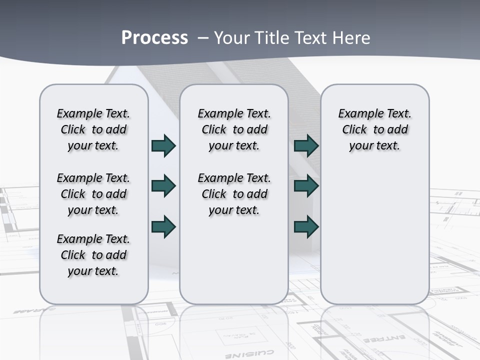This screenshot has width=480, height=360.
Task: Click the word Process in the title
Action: click(x=154, y=38)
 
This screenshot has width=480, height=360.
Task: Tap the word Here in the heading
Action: click(x=351, y=38)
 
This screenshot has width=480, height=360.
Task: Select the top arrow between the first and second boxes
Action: click(x=163, y=145)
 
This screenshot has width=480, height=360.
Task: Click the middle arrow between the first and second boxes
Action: click(x=163, y=186)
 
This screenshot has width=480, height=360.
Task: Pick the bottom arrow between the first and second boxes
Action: click(x=163, y=226)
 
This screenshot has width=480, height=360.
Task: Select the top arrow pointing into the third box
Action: click(x=306, y=145)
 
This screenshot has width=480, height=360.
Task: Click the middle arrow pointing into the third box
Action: click(x=306, y=186)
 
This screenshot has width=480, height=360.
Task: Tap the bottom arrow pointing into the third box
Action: click(x=306, y=226)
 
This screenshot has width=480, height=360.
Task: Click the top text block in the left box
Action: click(x=93, y=129)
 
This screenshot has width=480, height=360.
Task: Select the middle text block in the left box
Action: click(x=93, y=194)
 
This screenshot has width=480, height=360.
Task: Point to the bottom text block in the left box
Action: click(x=93, y=255)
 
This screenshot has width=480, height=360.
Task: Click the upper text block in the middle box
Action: click(x=234, y=129)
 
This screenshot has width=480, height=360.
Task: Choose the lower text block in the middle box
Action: click(x=234, y=194)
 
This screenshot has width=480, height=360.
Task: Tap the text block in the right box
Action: click(x=374, y=129)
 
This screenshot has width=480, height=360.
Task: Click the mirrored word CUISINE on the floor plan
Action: click(x=255, y=353)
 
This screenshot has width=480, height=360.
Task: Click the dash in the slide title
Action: click(x=203, y=38)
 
